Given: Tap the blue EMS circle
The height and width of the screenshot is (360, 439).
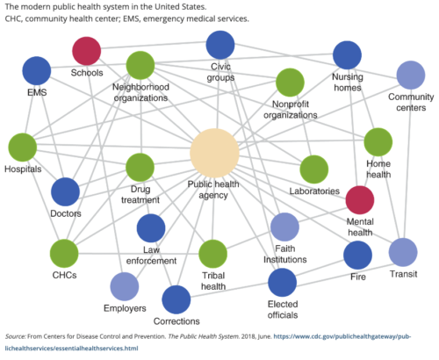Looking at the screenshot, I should click(x=37, y=72).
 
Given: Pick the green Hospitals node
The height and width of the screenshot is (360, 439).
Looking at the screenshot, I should click(x=23, y=148).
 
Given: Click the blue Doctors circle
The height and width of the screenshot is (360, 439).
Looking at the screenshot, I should click(x=66, y=191).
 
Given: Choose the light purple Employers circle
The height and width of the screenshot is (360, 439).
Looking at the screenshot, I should click(x=124, y=287).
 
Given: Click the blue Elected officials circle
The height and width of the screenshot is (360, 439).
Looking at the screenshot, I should click(x=282, y=283).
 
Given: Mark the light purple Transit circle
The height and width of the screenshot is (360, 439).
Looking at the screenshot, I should click(x=402, y=252).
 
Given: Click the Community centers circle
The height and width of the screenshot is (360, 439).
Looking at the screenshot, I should click(x=411, y=76).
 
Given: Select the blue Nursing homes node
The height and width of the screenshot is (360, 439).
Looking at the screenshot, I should click(x=348, y=55).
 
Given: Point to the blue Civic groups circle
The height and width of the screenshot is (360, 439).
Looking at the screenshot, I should click(x=220, y=46).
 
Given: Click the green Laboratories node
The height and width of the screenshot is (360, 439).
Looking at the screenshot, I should click(x=313, y=169).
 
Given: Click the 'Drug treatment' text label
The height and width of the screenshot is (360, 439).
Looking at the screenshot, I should click(x=140, y=194).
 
